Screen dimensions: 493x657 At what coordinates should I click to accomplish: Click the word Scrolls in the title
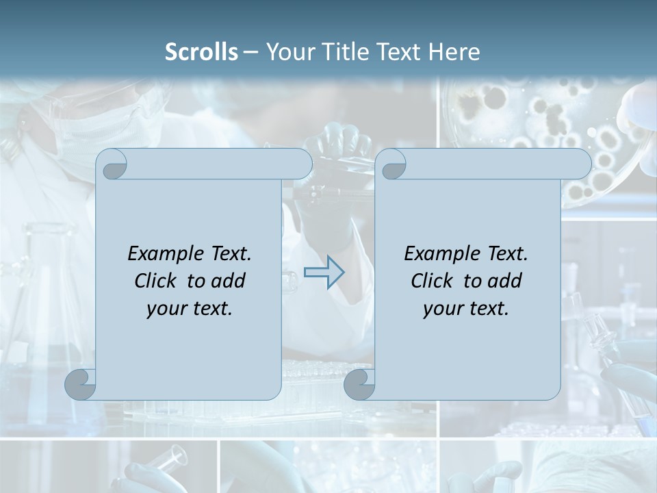[x=201, y=51]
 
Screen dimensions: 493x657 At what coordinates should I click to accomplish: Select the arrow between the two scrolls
[x=324, y=273]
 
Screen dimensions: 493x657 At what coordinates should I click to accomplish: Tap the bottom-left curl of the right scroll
[x=360, y=384]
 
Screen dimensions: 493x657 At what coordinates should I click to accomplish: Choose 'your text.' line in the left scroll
[x=190, y=308]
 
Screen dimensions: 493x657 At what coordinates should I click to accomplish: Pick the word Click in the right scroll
[x=431, y=281]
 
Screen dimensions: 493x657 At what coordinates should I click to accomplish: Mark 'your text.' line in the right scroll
[x=466, y=308]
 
